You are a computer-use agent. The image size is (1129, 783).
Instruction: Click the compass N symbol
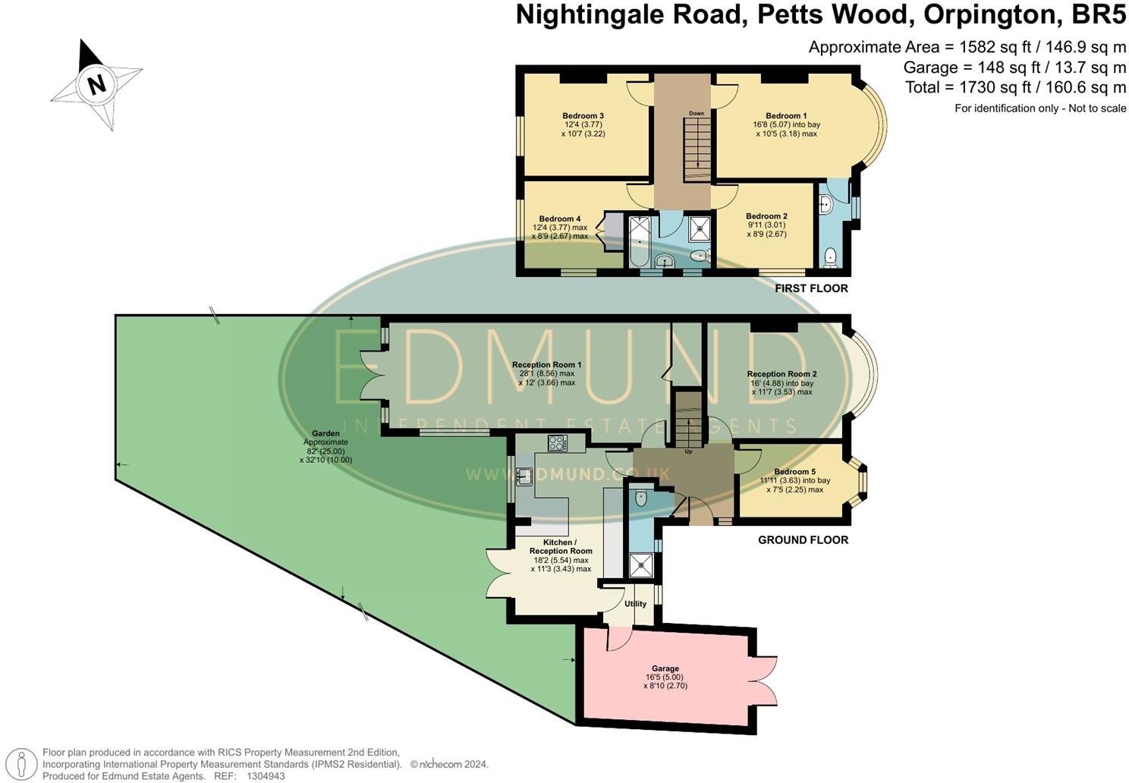pyautogui.click(x=96, y=83)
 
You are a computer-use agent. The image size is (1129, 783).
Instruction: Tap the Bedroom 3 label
pyautogui.click(x=583, y=116)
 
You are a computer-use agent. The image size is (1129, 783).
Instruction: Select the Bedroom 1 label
pyautogui.click(x=786, y=116)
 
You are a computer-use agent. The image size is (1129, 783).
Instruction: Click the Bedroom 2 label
pyautogui.click(x=766, y=216)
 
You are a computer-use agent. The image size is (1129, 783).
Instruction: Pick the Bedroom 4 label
pyautogui.click(x=559, y=219)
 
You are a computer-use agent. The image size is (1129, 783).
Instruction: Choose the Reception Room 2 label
pyautogui.click(x=781, y=374)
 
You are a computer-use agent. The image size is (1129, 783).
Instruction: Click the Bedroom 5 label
pyautogui.click(x=795, y=472)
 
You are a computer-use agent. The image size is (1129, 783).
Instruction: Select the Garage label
pyautogui.click(x=665, y=668)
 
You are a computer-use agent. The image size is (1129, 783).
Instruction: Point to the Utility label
pyautogui.click(x=635, y=604)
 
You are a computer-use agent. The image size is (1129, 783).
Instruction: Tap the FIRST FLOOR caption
pyautogui.click(x=811, y=288)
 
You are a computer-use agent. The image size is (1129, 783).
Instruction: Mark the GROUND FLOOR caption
pyautogui.click(x=803, y=540)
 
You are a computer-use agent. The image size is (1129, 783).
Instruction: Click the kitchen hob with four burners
pyautogui.click(x=557, y=442)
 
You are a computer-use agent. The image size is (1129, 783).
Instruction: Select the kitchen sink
pyautogui.click(x=524, y=476)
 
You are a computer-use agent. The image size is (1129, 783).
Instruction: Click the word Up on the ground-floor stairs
pyautogui.click(x=688, y=451)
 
